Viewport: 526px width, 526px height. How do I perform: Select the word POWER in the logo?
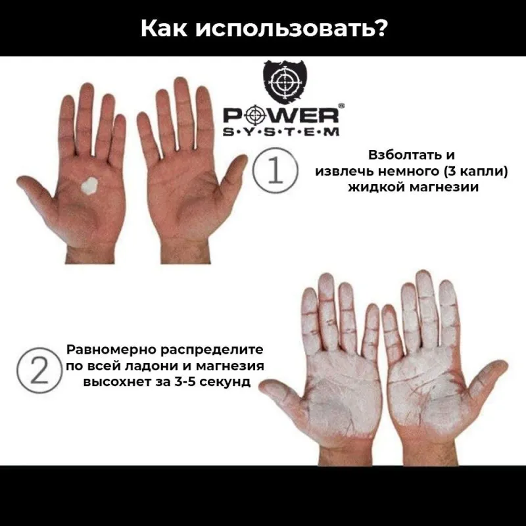[x=281, y=116]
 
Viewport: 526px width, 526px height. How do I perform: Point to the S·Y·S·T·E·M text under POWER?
[x=281, y=131]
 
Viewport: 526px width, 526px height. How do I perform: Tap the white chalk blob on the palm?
[x=87, y=187]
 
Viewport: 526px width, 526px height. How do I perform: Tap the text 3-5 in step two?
[x=187, y=381]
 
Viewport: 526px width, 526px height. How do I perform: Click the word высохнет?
[x=110, y=381]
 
